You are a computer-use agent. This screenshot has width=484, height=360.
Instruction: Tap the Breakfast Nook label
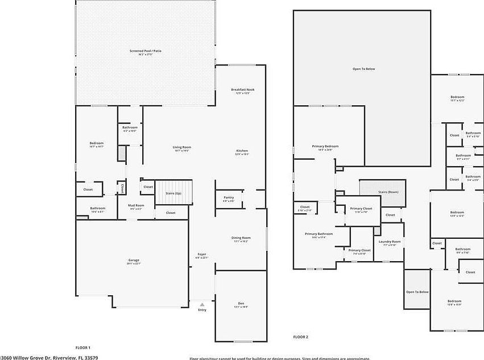click(242, 90)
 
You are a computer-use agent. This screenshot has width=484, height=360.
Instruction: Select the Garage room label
click(133, 261)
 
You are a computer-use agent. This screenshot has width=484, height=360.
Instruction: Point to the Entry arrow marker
click(202, 304)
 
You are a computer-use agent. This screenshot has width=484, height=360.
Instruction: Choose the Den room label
click(241, 304)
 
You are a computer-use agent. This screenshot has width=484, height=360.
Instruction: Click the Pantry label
click(229, 198)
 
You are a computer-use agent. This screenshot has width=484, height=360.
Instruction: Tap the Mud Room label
click(136, 206)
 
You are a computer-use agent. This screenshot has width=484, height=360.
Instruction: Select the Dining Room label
click(241, 238)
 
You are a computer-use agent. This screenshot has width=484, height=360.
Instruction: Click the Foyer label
click(201, 255)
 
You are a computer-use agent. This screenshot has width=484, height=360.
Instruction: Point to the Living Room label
click(181, 148)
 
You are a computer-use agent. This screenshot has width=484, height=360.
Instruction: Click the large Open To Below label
click(363, 69)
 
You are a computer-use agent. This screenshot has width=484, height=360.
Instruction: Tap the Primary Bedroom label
click(325, 147)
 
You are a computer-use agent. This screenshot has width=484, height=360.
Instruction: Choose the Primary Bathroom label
click(318, 234)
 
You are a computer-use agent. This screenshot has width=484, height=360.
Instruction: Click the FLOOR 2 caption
click(300, 337)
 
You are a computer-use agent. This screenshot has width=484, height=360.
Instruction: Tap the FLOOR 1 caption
click(83, 347)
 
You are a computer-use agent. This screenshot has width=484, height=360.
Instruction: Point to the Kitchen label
click(242, 151)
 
